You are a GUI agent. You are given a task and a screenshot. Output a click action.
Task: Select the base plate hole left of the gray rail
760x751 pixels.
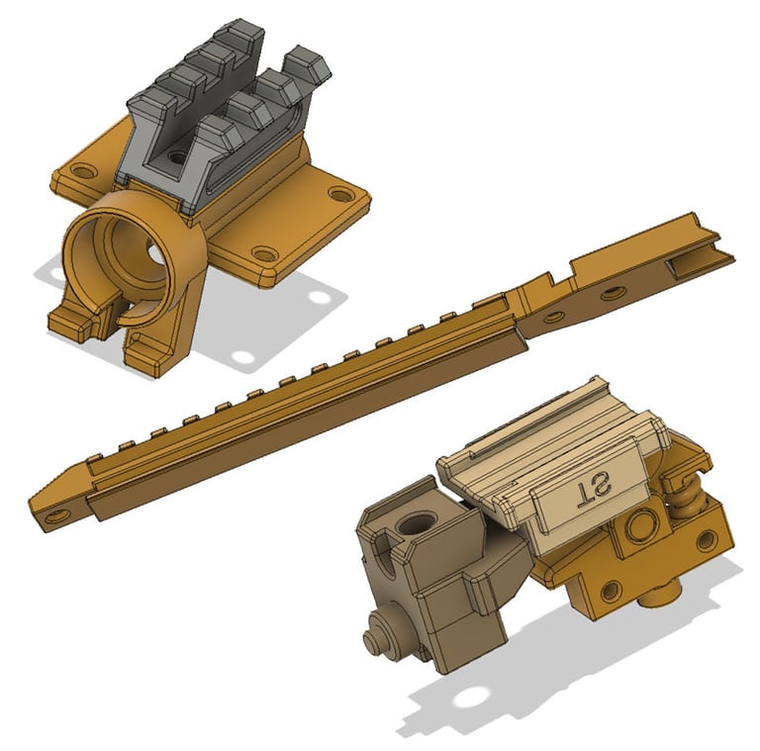coord(81,170)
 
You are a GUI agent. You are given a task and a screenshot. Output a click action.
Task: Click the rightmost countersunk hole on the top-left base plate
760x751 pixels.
coord(341,195)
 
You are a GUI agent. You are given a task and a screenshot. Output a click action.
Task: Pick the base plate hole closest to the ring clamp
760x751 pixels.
coord(264,253)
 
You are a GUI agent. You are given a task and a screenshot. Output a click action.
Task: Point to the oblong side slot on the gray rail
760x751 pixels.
coord(260,145)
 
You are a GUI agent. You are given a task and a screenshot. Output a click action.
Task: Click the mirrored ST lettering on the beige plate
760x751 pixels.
coord(593,495)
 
